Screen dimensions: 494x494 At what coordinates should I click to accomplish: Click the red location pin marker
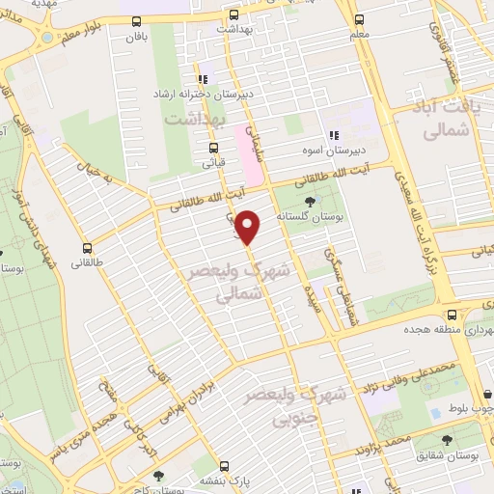tap(249, 228)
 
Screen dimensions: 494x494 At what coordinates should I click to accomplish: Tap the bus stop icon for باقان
tap(134, 20)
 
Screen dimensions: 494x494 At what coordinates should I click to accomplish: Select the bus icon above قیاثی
tap(213, 148)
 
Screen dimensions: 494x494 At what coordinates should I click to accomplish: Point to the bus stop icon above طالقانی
tap(88, 247)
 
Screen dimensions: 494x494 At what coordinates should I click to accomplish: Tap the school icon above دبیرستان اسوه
tap(334, 135)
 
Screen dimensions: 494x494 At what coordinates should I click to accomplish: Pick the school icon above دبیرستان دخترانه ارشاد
tap(202, 79)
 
